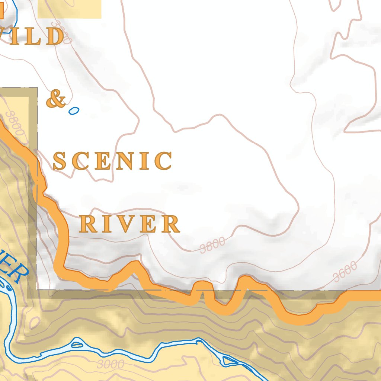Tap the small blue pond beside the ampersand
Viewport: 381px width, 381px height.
point(74,110)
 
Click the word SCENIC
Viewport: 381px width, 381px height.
point(113,161)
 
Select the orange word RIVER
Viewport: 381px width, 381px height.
point(130,224)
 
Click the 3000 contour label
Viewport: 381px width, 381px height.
point(110,364)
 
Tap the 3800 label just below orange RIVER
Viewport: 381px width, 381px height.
point(212,245)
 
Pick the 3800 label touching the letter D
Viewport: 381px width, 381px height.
point(60,32)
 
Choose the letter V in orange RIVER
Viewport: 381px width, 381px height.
point(127,224)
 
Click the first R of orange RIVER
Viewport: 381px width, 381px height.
point(87,224)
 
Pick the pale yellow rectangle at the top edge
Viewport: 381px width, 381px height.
point(70,9)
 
